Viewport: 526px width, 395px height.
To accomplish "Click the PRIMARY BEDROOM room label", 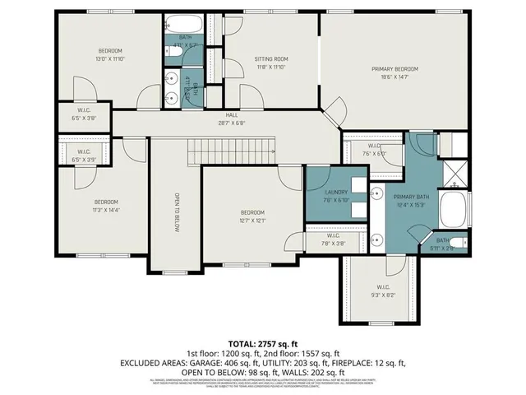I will (x=394, y=69).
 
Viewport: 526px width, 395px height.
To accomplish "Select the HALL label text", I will (x=232, y=115).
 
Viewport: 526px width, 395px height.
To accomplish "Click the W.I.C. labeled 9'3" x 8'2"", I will (x=378, y=290).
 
